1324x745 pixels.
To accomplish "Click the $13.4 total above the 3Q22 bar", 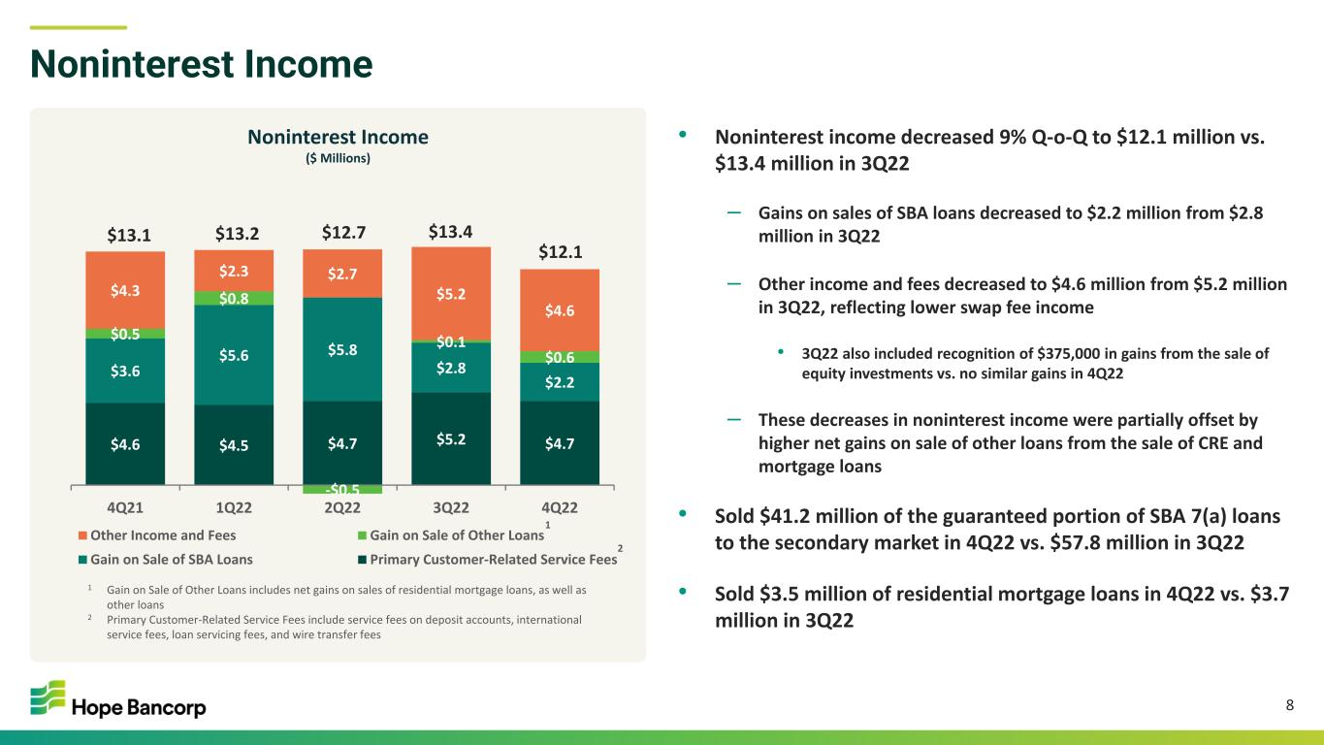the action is (450, 231).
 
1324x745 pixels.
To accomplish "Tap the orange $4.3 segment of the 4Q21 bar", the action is (125, 290).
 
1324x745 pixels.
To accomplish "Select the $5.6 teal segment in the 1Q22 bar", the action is (234, 355).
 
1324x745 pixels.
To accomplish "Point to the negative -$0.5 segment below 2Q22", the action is (342, 489).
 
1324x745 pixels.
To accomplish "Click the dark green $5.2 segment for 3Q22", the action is (451, 438).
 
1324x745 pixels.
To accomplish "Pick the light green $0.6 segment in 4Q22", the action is (560, 357).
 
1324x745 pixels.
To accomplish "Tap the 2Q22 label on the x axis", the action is (342, 508).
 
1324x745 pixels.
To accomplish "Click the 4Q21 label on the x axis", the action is (125, 508).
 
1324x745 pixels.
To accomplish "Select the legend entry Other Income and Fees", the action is (157, 535).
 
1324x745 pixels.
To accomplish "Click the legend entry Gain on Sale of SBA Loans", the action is (166, 560).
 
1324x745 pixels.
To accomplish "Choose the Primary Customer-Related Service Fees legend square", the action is (363, 560).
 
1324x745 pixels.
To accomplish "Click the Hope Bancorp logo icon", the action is (48, 697).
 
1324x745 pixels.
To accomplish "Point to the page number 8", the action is (1290, 705).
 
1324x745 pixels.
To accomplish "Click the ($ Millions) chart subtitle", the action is (339, 158).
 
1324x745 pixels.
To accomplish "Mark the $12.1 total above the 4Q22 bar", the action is (560, 252).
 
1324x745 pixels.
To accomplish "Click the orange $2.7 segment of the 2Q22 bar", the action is (342, 274).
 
